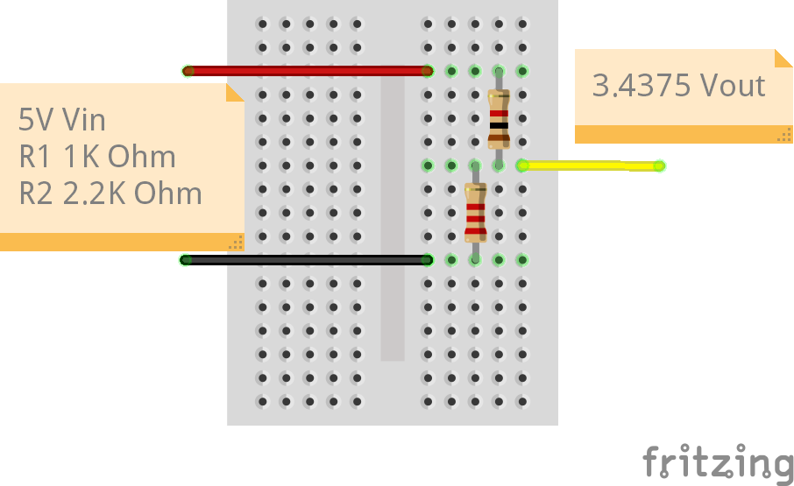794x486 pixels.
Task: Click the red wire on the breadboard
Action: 307,71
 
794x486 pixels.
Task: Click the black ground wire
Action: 307,259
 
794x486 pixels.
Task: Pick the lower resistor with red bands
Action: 475,213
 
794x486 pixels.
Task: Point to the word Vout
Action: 733,86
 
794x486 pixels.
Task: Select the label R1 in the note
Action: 36,157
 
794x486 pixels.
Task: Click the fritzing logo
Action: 718,463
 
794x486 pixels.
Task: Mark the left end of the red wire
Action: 188,71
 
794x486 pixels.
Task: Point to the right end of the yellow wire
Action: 659,166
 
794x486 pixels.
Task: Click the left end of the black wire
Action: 186,259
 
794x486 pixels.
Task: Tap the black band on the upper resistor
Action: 499,125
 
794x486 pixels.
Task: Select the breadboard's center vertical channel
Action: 393,219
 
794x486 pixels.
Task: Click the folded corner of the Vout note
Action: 783,59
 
